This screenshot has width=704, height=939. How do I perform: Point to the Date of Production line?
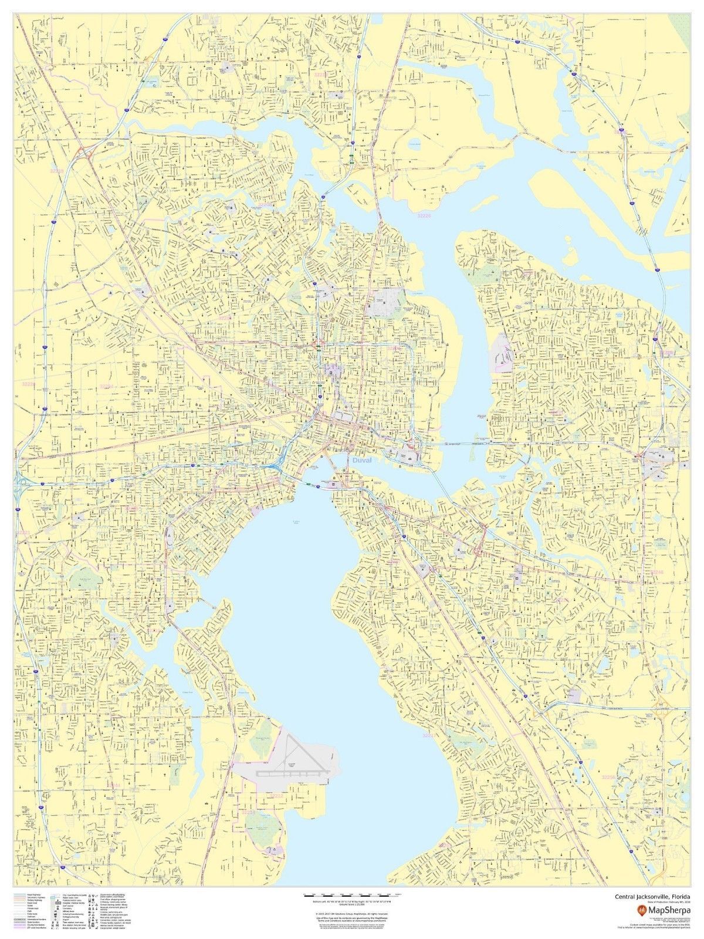(x=660, y=903)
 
